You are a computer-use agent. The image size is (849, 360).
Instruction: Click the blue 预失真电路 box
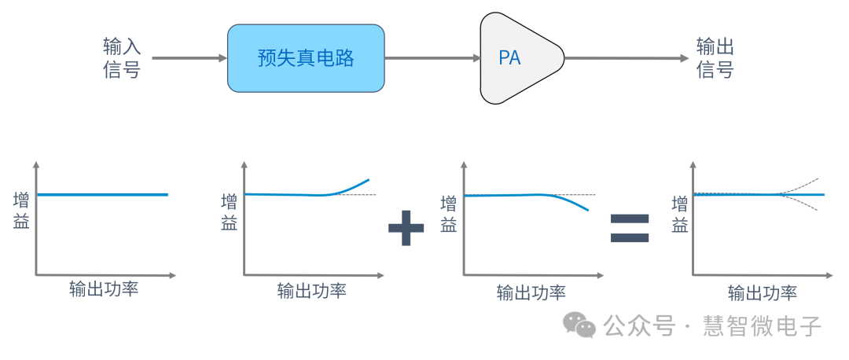tap(306, 57)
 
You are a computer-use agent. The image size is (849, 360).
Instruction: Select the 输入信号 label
tap(122, 57)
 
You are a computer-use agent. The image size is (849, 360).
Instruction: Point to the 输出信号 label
tap(715, 57)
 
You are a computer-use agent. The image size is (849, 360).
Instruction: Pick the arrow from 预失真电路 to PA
tap(432, 57)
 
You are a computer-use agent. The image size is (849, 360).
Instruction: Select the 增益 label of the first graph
tap(21, 211)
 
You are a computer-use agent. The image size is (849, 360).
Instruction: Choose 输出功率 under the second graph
tap(312, 291)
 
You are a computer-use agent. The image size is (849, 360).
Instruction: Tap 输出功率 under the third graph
tap(531, 293)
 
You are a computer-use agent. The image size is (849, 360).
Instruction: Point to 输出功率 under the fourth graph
tap(763, 293)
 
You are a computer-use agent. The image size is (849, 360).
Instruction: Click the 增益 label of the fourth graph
tap(680, 214)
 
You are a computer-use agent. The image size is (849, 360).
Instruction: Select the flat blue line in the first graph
tap(102, 194)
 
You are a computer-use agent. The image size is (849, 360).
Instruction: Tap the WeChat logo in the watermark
tap(583, 325)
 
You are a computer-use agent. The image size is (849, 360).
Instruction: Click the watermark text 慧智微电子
tap(763, 325)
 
